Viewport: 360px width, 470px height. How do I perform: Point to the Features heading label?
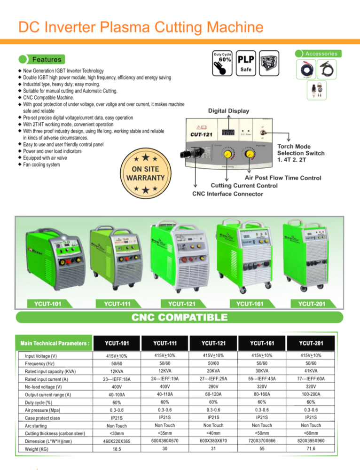(x=47, y=60)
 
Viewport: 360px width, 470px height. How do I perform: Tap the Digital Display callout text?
(x=229, y=111)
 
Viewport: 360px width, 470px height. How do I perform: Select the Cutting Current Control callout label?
(x=244, y=186)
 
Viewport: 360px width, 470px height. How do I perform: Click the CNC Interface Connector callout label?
(x=227, y=194)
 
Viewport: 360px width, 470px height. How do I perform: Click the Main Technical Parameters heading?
(x=53, y=343)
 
